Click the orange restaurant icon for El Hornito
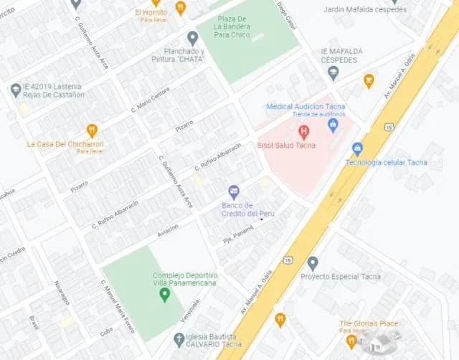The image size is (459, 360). (180, 8)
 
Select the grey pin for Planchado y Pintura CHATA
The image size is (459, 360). (192, 38)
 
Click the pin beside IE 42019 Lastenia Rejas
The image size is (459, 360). (16, 90)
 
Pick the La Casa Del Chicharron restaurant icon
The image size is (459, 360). (92, 131)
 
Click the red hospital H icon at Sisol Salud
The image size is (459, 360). (303, 131)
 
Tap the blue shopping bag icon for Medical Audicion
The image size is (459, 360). (333, 125)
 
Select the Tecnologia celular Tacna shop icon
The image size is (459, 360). (357, 149)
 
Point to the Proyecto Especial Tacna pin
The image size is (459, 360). (312, 263)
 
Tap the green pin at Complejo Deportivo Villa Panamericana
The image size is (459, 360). (164, 294)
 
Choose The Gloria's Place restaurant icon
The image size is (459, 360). (351, 341)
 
